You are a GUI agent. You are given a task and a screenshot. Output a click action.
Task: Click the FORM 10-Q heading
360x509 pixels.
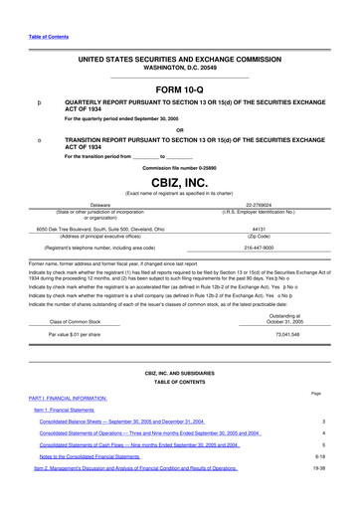[180, 89]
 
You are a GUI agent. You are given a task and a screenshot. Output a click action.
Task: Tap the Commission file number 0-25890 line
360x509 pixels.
[180, 168]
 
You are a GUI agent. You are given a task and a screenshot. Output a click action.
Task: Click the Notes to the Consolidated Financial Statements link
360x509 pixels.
[104, 456]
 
